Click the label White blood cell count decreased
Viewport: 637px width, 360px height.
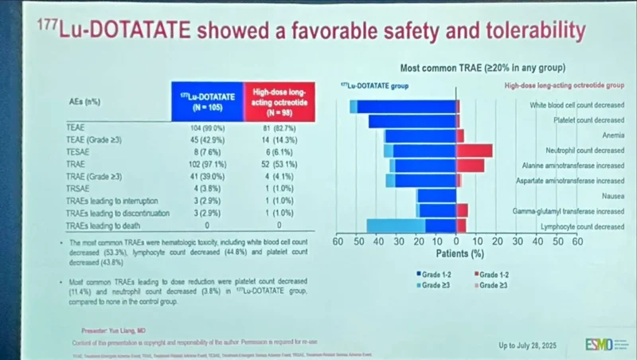pos(576,105)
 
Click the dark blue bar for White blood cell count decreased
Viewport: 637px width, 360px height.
pos(406,106)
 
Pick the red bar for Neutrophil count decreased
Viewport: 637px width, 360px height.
pos(475,151)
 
